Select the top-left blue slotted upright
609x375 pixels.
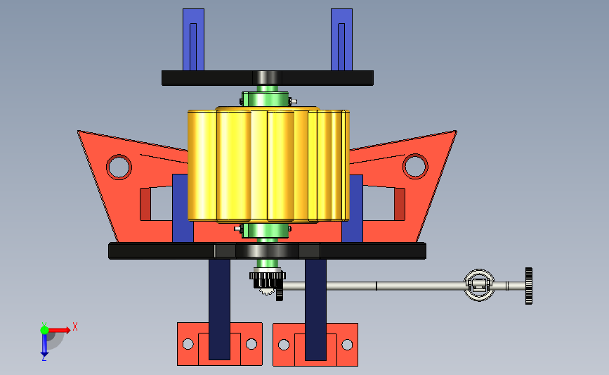click(x=193, y=39)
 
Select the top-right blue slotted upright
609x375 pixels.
click(x=342, y=39)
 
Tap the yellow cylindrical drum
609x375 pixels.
click(x=268, y=165)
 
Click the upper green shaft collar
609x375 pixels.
click(x=266, y=99)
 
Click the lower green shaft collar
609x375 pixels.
click(x=266, y=230)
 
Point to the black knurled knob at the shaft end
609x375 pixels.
click(x=529, y=286)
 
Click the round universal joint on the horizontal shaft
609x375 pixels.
click(x=479, y=285)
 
